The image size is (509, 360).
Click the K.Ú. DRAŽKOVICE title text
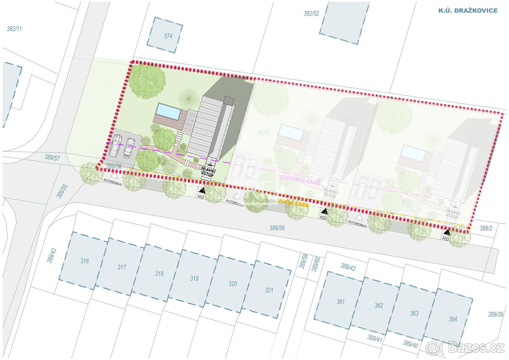467,10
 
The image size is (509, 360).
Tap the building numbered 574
165,35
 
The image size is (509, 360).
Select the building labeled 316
84,260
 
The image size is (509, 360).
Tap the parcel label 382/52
311,13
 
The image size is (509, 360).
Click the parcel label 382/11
14,29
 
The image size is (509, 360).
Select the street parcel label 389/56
277,228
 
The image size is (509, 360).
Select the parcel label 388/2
486,228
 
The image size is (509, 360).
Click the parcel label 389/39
495,314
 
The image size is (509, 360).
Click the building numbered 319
194,278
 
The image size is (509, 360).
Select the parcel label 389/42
348,267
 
